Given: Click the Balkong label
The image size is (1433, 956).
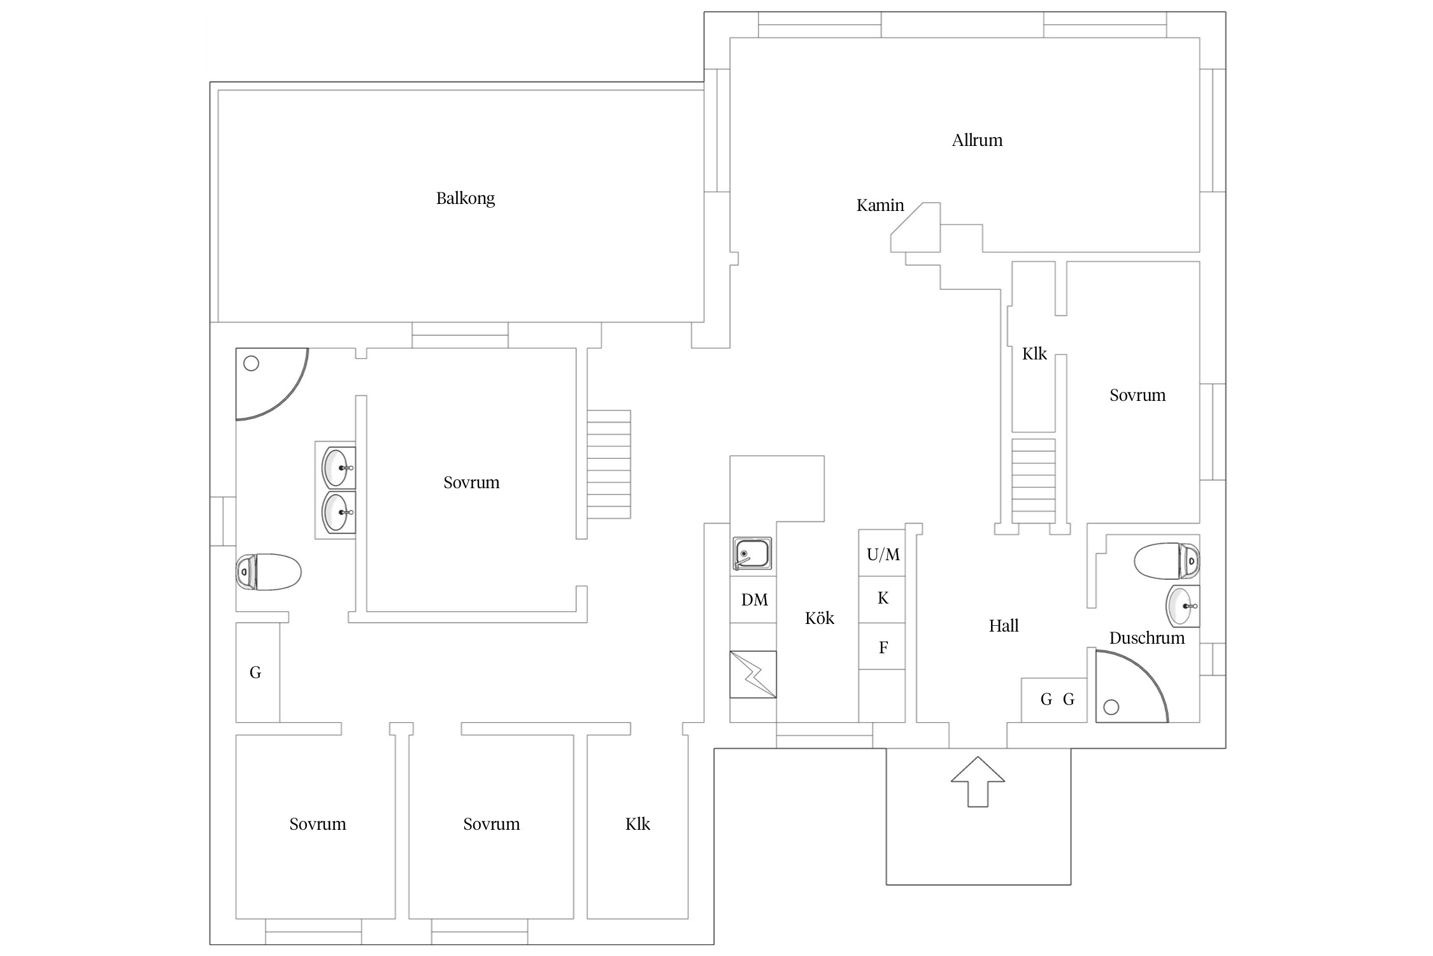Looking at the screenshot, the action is pos(465,199).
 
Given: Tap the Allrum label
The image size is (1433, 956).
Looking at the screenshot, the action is pos(977,140).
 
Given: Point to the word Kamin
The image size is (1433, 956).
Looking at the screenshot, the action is pos(880,205).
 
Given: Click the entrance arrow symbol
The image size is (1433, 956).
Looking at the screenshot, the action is pos(978,781).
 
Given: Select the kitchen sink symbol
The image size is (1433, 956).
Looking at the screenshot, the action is pos(752,553).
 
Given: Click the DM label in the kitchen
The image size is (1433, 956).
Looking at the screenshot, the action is pos(755,600).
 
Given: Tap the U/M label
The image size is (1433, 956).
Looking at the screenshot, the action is pos(883,554).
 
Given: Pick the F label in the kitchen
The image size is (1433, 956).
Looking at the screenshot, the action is pos(883,648).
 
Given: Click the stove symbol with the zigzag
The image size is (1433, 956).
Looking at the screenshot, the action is pos(753,674).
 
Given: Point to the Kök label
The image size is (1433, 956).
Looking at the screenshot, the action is pos(820,618).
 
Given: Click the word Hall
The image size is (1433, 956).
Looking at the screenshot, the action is pos(1004,626).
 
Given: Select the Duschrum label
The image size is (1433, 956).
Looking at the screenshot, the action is pos(1147,638).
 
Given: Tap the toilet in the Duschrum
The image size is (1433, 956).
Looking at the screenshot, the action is pos(1167,561).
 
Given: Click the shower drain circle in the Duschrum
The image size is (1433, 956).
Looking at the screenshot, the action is pos(1111,707).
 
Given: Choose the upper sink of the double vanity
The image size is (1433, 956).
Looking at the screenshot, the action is pos(338,467).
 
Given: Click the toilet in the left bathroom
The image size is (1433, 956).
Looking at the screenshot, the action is pos(268,572).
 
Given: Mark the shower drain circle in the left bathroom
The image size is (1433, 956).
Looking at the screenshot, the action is pos(252,363).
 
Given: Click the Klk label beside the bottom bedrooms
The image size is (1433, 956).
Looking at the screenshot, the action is pos(638,824).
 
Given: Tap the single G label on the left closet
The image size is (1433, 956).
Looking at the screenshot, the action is pos(255,672).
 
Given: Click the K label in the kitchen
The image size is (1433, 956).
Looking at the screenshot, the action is pos(883,598).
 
